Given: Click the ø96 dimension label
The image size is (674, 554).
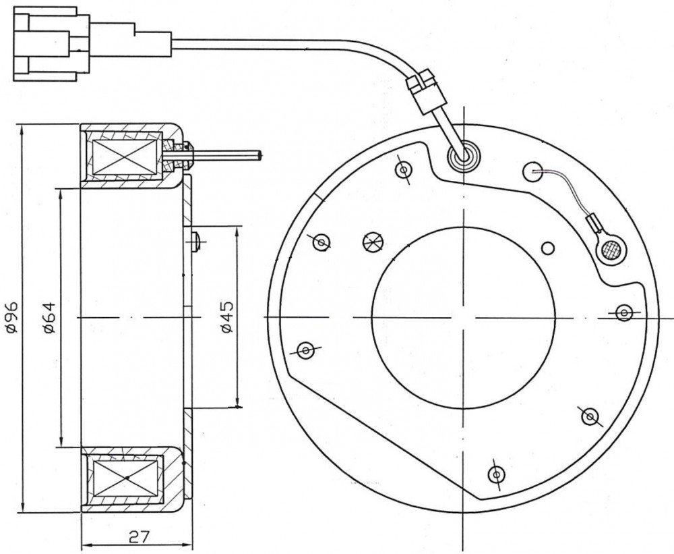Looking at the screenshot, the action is (x=11, y=317).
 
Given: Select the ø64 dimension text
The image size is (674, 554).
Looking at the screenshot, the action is (x=49, y=317).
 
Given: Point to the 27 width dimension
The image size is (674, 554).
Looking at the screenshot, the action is (x=139, y=536).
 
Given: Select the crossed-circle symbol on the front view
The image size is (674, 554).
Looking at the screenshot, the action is (x=373, y=242).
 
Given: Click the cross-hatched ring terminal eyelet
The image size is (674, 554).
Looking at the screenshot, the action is (x=611, y=250).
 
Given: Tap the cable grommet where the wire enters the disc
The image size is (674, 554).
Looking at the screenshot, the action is (x=464, y=157).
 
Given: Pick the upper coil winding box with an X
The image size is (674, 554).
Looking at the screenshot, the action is (x=125, y=157).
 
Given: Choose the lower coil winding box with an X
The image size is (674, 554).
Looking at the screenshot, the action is (x=125, y=478).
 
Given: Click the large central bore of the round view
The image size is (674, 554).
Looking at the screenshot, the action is (x=464, y=318).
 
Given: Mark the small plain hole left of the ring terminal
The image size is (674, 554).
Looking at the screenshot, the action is (x=548, y=248).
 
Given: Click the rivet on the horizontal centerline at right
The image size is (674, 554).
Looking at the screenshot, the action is (x=624, y=312).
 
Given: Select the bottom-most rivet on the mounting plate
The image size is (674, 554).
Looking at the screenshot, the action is (x=497, y=474).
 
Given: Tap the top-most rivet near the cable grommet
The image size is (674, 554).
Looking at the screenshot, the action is (x=404, y=170).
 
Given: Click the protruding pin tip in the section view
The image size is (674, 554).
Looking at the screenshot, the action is (x=259, y=155).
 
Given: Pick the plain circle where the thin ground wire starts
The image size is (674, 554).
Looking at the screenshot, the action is (x=532, y=172).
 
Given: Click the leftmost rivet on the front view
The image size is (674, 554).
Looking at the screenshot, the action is (x=305, y=350).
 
